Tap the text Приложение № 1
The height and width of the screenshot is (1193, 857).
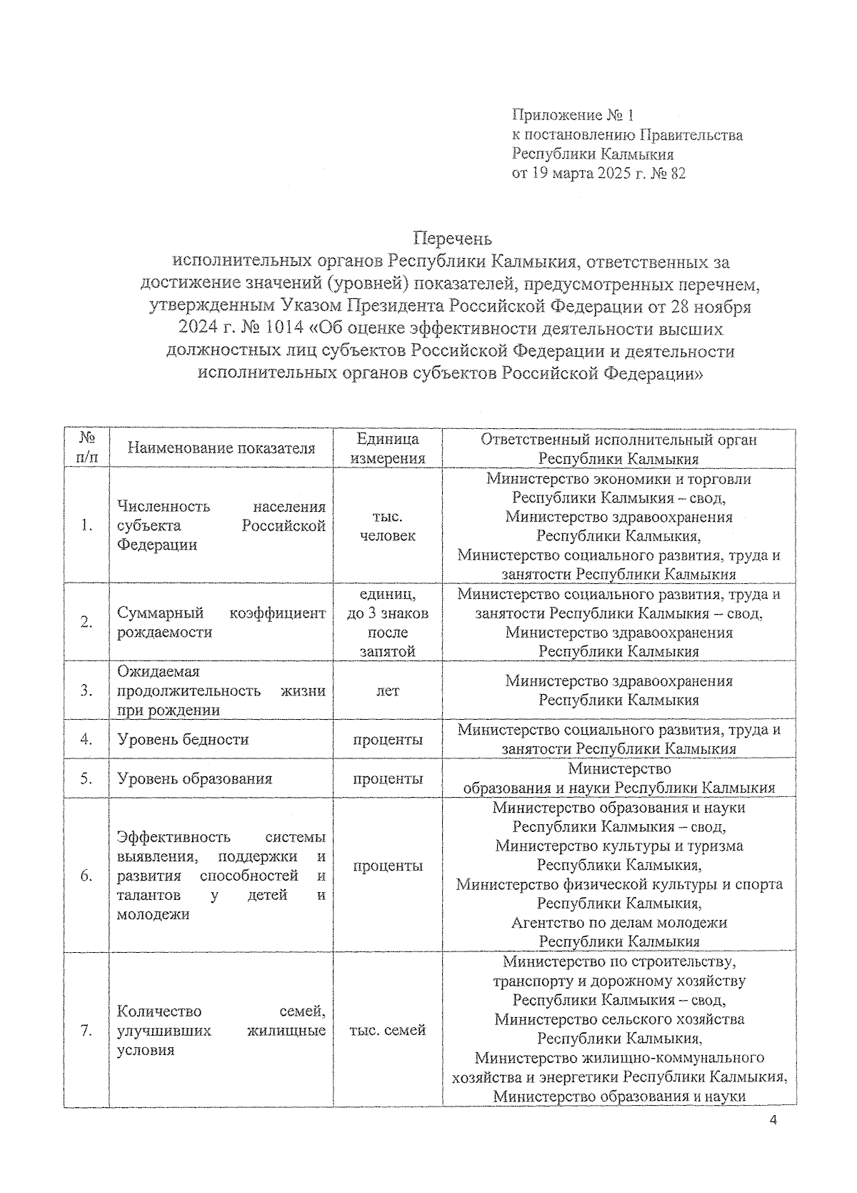point(573,115)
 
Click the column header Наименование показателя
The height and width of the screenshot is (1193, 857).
point(221,448)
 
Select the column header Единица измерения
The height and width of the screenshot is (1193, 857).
point(388,448)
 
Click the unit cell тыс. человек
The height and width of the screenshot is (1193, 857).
point(388,525)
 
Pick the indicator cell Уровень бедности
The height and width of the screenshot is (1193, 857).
point(183,739)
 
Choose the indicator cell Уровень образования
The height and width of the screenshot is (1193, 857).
point(194,778)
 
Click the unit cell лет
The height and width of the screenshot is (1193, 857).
point(388,690)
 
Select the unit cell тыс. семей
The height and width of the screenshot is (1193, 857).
point(387,1030)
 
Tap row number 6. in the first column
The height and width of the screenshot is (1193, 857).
point(86,876)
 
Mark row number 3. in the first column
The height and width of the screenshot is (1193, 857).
point(86,690)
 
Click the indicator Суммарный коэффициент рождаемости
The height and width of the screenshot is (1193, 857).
point(221,623)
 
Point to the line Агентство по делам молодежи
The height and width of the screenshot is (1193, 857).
point(619,923)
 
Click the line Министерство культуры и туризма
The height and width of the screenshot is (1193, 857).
point(619,846)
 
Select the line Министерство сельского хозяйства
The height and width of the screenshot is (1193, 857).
point(619,1019)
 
